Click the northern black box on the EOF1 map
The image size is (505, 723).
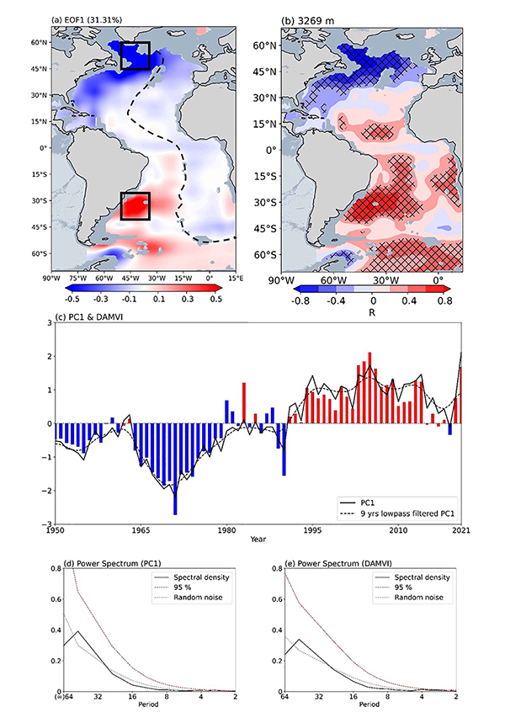coord(135,55)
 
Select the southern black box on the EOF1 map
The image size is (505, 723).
coord(135,205)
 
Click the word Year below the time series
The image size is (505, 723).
coord(257,540)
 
